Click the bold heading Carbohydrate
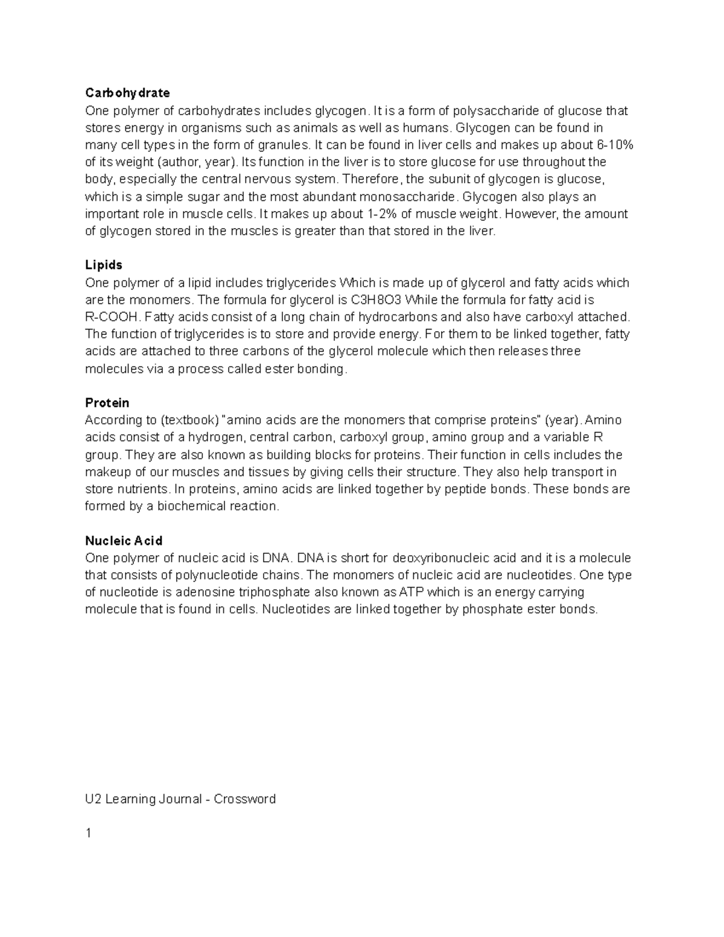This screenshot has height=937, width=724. (127, 93)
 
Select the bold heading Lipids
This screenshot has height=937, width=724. (104, 265)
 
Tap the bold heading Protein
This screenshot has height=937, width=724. (107, 402)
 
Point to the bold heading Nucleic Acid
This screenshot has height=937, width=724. (124, 541)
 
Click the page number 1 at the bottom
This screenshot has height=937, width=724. (89, 833)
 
